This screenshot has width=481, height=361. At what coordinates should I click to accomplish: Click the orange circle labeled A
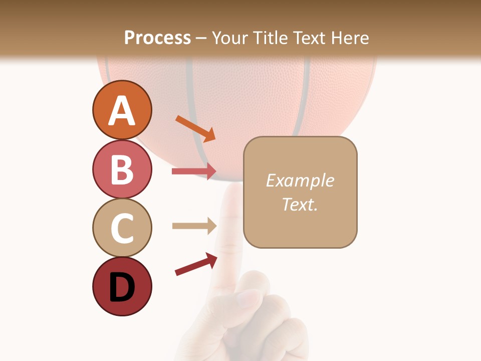pyautogui.click(x=122, y=110)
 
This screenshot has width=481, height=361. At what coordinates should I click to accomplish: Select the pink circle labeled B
pyautogui.click(x=122, y=169)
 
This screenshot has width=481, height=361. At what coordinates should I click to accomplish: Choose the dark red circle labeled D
pyautogui.click(x=122, y=286)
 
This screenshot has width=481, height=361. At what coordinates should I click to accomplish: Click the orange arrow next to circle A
pyautogui.click(x=195, y=128)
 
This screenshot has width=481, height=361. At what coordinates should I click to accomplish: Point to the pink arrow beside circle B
pyautogui.click(x=194, y=171)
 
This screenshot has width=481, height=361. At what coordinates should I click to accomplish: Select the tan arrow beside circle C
pyautogui.click(x=194, y=226)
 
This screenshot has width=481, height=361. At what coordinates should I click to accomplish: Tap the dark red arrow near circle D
pyautogui.click(x=195, y=264)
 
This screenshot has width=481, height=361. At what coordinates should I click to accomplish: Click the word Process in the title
pyautogui.click(x=157, y=38)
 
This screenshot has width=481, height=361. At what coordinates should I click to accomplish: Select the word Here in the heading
pyautogui.click(x=351, y=38)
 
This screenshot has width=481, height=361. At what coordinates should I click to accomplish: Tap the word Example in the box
pyautogui.click(x=300, y=180)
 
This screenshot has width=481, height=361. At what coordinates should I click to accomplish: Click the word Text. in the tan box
pyautogui.click(x=300, y=204)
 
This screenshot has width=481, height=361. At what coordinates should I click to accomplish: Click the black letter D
pyautogui.click(x=122, y=287)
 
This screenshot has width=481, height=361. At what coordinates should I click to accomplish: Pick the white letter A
pyautogui.click(x=122, y=111)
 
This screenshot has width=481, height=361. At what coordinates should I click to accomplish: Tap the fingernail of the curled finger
pyautogui.click(x=249, y=298)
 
